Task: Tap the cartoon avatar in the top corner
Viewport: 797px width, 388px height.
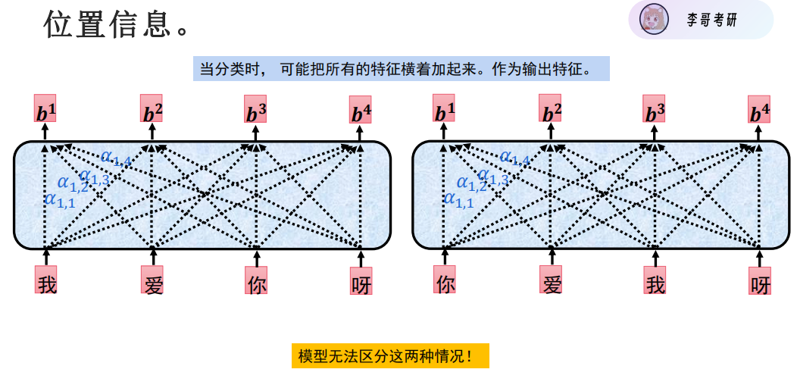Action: [652, 19]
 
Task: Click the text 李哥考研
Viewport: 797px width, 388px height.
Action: [711, 20]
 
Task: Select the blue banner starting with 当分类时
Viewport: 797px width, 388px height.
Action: [401, 69]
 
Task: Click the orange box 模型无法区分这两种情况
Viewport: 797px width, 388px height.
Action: [389, 355]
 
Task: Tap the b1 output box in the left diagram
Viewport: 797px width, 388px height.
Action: [45, 110]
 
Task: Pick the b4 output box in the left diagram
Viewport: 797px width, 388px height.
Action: [361, 111]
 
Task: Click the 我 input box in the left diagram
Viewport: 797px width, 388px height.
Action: [46, 281]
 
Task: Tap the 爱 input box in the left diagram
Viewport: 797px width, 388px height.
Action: [152, 281]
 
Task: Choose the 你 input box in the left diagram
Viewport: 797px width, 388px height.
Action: [256, 281]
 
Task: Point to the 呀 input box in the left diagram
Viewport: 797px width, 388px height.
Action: [361, 282]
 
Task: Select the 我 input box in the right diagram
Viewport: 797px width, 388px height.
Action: [655, 281]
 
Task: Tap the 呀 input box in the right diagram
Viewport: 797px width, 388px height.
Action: [759, 281]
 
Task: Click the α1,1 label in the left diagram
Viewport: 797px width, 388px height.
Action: [60, 200]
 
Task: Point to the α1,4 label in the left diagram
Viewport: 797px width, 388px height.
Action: [116, 158]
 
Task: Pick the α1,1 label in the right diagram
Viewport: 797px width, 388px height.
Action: [458, 200]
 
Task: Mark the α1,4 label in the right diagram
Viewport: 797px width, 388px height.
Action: [514, 158]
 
